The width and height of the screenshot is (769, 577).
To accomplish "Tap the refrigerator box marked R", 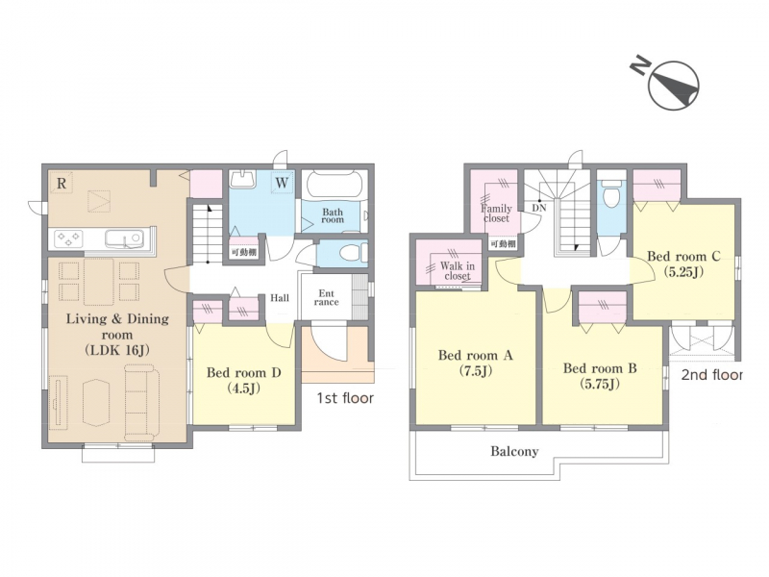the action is tap(62, 183).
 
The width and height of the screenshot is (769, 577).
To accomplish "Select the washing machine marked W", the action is tap(282, 183).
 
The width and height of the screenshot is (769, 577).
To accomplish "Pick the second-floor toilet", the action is tap(612, 194).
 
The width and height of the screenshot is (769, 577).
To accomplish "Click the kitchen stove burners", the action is tap(68, 238).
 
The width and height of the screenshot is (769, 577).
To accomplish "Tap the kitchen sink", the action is tap(125, 238).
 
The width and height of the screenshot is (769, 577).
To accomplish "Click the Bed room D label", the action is tap(243, 380).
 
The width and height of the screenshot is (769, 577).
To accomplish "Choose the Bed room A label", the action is tap(475, 363).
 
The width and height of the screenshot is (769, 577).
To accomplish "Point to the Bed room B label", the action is tap(600, 375).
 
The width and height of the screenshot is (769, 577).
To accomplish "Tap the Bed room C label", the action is tap(683, 263).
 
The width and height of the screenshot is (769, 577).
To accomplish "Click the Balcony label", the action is tap(514, 451).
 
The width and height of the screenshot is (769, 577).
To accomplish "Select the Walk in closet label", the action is tap(458, 271).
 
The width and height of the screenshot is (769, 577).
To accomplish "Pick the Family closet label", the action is tap(496, 213).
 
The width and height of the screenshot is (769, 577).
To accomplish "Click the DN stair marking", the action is tap(539, 208).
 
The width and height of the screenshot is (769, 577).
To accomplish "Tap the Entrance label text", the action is tap(326, 298).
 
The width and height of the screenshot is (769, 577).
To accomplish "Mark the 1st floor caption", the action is tap(345, 398).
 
